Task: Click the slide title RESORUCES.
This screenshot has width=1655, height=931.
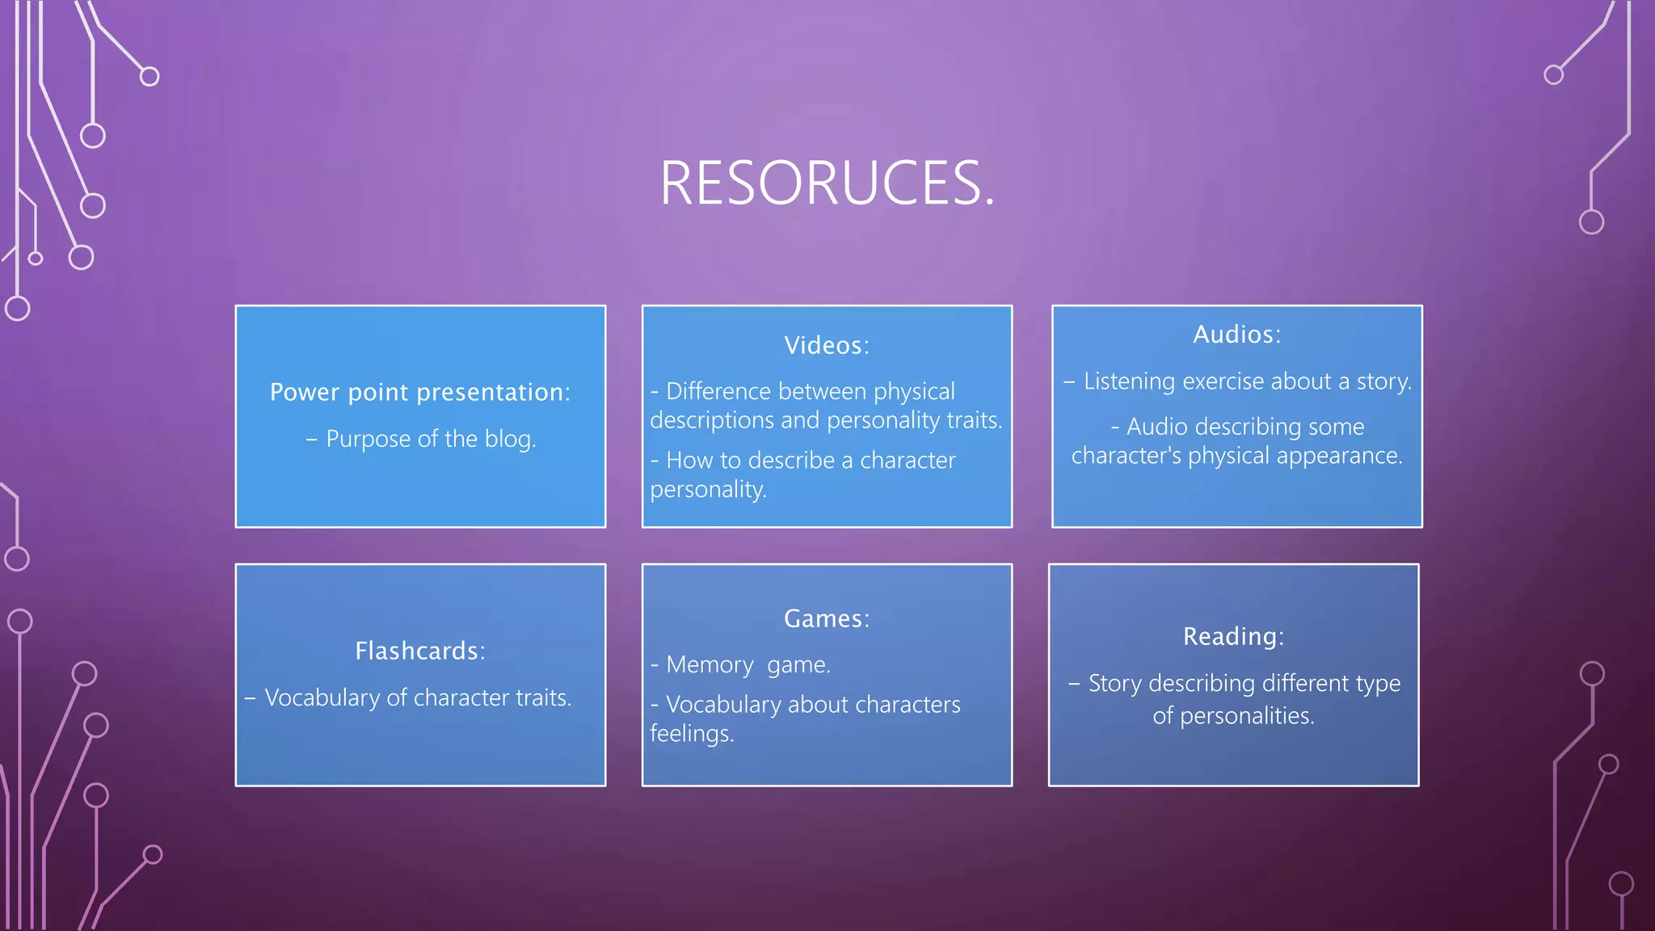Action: click(827, 183)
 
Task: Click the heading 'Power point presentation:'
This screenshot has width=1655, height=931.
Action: click(420, 393)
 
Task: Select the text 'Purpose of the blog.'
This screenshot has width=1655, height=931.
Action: click(430, 439)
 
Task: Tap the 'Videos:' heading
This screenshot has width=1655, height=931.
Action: click(827, 346)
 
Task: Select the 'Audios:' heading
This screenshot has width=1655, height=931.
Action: click(1236, 335)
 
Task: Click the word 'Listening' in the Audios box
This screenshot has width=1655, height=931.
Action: click(1129, 381)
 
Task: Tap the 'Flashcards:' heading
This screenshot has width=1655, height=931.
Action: click(420, 651)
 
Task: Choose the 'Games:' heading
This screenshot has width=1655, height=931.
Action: click(827, 619)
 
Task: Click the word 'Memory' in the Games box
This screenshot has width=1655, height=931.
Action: click(710, 665)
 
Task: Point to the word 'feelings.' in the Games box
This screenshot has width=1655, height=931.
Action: click(692, 734)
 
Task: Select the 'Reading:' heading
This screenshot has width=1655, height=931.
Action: click(1233, 637)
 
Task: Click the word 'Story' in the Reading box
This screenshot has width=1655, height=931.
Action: click(1114, 684)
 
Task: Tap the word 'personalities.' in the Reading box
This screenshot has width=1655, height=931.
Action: click(1247, 716)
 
